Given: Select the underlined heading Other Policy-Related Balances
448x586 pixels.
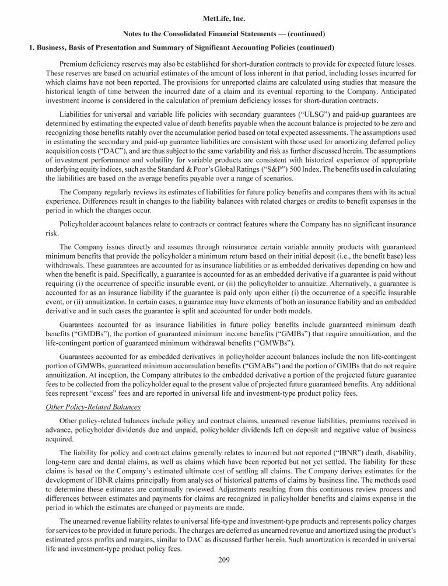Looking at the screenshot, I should point(93,407).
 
